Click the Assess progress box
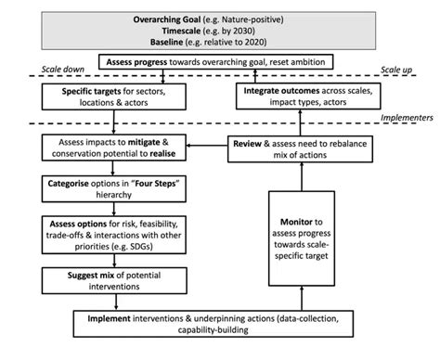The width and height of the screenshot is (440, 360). click(x=220, y=62)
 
